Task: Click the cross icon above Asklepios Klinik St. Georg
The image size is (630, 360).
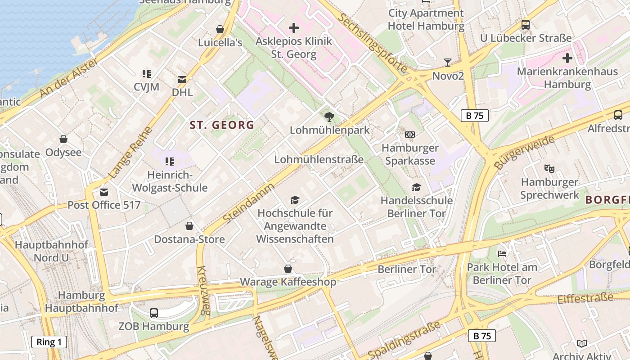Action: pyautogui.click(x=293, y=28)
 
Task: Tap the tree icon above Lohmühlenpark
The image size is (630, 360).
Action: pyautogui.click(x=329, y=117)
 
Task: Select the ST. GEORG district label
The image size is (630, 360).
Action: pyautogui.click(x=222, y=125)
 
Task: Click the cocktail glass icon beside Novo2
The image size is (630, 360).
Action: pyautogui.click(x=447, y=63)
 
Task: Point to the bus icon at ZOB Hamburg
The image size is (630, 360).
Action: pyautogui.click(x=153, y=313)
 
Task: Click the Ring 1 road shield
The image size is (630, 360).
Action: pyautogui.click(x=49, y=342)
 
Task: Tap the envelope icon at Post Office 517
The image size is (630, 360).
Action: pyautogui.click(x=104, y=192)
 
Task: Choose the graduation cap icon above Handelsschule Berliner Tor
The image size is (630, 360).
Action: pyautogui.click(x=416, y=187)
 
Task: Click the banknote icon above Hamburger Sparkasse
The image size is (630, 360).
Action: pyautogui.click(x=409, y=135)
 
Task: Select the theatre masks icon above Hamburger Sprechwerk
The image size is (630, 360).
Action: pyautogui.click(x=549, y=169)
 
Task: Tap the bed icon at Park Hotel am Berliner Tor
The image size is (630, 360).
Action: pyautogui.click(x=502, y=254)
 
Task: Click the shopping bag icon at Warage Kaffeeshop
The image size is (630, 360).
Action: pyautogui.click(x=288, y=269)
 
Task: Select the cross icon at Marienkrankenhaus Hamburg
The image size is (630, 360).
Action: pyautogui.click(x=567, y=58)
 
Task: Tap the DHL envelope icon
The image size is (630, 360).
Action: pyautogui.click(x=182, y=80)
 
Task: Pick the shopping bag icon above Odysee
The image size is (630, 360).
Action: pyautogui.click(x=63, y=139)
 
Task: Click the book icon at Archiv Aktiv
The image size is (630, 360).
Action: pyautogui.click(x=581, y=343)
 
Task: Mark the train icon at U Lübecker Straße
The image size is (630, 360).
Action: pyautogui.click(x=525, y=25)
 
